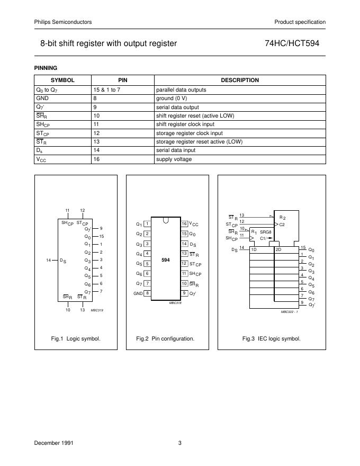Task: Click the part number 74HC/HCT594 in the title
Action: (x=295, y=44)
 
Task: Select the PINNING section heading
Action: (x=46, y=68)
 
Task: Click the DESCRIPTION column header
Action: (x=239, y=80)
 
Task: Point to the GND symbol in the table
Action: (x=42, y=98)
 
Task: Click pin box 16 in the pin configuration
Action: (x=184, y=224)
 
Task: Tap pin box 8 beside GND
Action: (x=147, y=293)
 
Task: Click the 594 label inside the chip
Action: (x=166, y=259)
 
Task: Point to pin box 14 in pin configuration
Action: (x=184, y=244)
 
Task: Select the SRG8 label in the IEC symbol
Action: (x=266, y=232)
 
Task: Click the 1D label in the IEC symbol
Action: (x=254, y=249)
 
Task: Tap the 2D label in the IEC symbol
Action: (x=278, y=249)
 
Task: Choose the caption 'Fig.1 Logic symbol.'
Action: (x=76, y=338)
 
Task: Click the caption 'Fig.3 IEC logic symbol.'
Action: (x=271, y=338)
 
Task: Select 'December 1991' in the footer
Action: (x=53, y=442)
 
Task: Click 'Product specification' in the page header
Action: (x=300, y=22)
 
